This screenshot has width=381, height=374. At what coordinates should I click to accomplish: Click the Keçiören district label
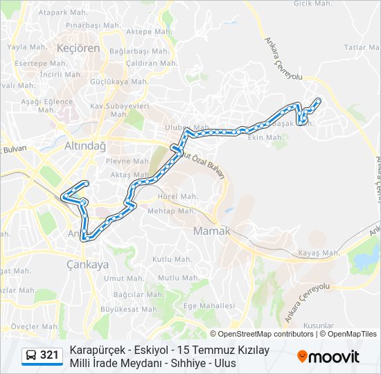(80, 48)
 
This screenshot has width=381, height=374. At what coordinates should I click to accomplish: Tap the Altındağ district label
(85, 146)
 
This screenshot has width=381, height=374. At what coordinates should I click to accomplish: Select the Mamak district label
(212, 231)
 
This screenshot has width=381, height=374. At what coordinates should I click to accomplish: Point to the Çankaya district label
(88, 264)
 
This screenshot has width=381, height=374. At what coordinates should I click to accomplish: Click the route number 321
(49, 355)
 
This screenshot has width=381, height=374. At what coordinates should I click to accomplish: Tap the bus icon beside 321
(31, 355)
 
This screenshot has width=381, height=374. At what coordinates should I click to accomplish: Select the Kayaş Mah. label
(319, 253)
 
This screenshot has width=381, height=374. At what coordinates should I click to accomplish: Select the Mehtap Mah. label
(171, 211)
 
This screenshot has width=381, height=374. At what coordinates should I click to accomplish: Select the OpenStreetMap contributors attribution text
(266, 334)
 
